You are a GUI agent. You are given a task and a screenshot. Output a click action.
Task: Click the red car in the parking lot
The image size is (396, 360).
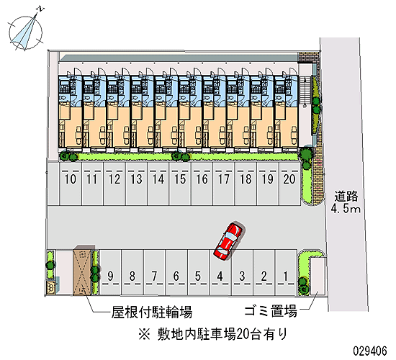[x=229, y=240]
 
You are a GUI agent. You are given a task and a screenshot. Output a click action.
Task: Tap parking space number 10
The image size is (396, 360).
[x=71, y=184]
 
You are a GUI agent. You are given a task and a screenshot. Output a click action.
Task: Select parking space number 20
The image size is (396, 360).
[x=289, y=184]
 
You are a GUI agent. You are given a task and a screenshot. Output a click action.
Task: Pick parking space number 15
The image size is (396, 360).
[x=180, y=184]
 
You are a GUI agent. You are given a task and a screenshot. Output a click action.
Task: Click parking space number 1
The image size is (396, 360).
[x=286, y=272]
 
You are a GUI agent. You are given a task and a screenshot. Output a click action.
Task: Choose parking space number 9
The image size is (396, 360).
[x=110, y=272]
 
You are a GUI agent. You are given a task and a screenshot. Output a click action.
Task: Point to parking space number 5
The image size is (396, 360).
[x=198, y=272]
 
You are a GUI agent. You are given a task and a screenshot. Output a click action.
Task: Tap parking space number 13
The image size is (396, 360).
[x=136, y=184]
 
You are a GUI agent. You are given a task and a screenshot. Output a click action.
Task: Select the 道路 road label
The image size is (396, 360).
[x=346, y=197]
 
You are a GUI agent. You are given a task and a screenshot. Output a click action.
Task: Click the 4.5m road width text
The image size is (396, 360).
[x=346, y=209]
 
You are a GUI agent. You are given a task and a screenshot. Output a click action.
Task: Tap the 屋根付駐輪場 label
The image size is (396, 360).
[x=152, y=312]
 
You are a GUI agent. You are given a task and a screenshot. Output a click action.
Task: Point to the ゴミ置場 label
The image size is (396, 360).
[x=271, y=311]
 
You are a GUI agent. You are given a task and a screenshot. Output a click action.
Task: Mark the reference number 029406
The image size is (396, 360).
[x=370, y=351]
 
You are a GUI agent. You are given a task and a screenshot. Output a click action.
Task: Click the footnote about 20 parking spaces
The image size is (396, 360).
[x=213, y=334]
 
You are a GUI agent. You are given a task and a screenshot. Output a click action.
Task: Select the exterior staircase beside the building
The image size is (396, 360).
[x=305, y=91]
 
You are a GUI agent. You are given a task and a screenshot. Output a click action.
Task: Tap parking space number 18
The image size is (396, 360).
[x=246, y=184]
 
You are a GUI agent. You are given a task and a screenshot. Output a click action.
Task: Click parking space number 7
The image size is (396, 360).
[x=154, y=272]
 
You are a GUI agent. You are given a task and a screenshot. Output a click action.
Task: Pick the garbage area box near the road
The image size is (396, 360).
[x=318, y=276]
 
